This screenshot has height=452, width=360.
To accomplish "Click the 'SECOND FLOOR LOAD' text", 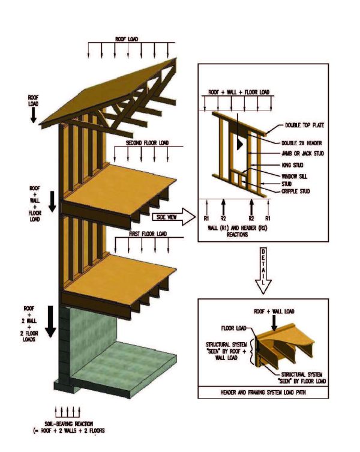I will (147, 143).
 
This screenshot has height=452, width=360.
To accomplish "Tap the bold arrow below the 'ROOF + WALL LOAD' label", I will (274, 322).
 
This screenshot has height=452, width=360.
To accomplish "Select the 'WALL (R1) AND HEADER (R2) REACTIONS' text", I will (235, 232).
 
